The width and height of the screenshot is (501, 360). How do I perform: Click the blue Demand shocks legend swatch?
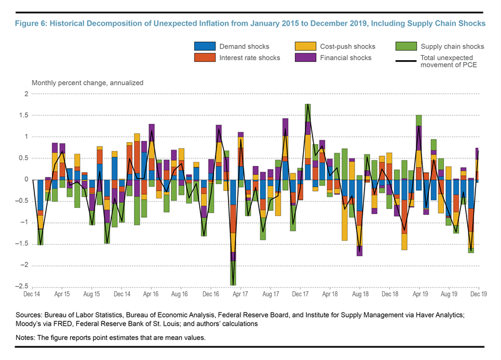tap(204, 47)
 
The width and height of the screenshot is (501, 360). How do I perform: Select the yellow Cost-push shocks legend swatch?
tap(306, 47)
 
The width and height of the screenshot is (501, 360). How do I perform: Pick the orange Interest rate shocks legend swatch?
tap(204, 58)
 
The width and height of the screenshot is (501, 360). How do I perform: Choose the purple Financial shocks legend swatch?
tap(306, 58)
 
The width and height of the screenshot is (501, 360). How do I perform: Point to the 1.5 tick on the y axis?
tap(23, 115)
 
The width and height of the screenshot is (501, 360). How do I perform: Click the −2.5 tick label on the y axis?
tap(21, 287)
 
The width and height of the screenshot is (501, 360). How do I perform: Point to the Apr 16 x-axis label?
tap(150, 294)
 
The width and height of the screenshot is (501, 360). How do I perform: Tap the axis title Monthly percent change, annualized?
tap(88, 83)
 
